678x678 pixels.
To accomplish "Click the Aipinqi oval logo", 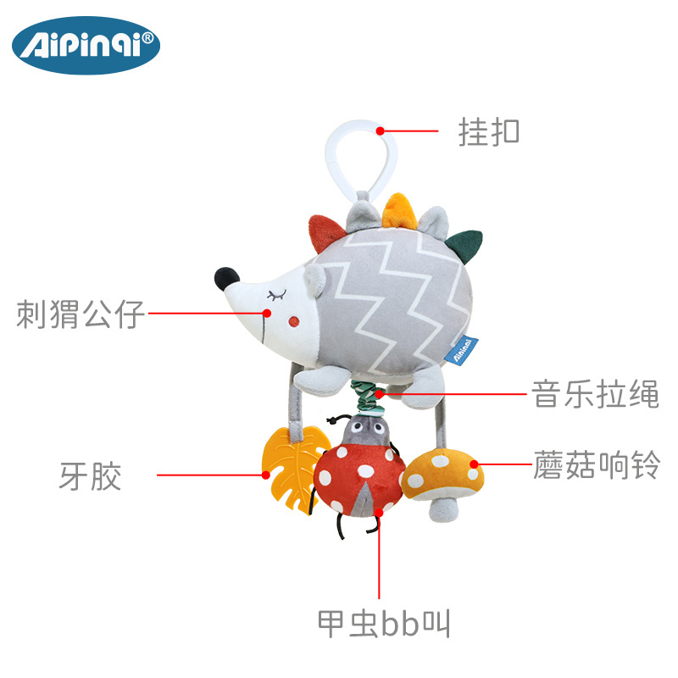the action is click(86, 46).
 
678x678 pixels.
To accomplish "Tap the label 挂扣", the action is click(489, 132).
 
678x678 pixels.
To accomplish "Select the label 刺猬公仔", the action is click(80, 314).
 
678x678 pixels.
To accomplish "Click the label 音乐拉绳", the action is click(595, 394).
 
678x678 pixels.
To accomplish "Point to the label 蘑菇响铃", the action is click(597, 464).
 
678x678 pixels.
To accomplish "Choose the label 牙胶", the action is click(90, 476).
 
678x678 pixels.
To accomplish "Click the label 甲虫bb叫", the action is click(384, 623).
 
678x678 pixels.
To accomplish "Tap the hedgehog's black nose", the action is click(226, 279).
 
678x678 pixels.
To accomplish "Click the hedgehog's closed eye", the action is click(277, 296).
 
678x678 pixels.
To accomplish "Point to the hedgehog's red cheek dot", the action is click(294, 322).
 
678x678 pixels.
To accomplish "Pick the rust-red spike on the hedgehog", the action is click(325, 232).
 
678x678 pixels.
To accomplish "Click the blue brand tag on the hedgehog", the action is click(461, 350).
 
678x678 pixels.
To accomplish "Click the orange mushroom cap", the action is click(442, 475).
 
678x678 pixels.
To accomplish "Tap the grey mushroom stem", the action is click(443, 509).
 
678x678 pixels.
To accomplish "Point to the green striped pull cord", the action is click(368, 397).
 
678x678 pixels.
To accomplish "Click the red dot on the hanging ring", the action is click(380, 131).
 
